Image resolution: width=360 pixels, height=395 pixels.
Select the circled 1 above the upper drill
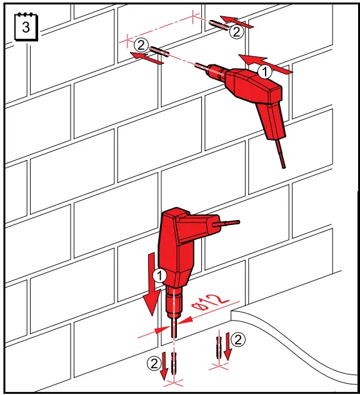[x=266, y=72]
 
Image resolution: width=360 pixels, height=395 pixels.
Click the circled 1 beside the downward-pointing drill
[x=160, y=274]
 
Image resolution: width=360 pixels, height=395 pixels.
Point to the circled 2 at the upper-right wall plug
[x=236, y=31]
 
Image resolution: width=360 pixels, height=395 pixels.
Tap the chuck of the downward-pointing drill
[x=174, y=303]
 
